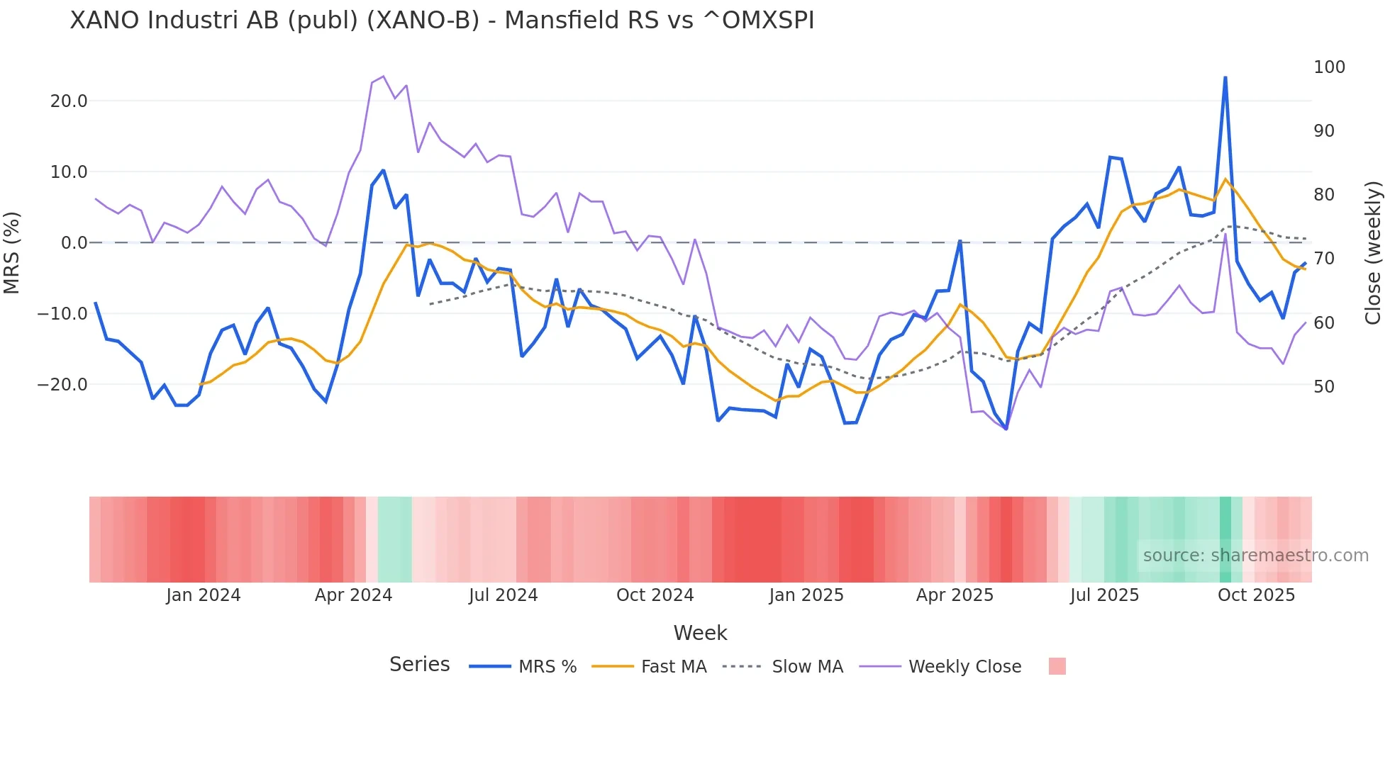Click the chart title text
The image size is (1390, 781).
[442, 21]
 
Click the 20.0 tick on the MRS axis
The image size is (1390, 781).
[69, 101]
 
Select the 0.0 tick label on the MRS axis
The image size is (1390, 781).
[74, 243]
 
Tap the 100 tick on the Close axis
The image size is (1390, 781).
[1329, 67]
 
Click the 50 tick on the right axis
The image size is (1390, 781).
[1323, 387]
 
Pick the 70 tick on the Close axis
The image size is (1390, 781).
[1323, 259]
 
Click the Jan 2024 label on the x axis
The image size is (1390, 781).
[204, 595]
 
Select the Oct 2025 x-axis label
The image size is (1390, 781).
[1256, 595]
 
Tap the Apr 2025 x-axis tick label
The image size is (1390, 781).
[955, 595]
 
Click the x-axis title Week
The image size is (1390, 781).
[700, 633]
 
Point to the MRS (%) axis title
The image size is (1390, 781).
[11, 252]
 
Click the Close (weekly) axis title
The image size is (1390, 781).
[1373, 252]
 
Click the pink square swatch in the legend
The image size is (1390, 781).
[1057, 666]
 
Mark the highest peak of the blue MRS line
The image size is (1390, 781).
[1225, 77]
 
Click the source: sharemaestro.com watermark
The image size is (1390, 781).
[1255, 556]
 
